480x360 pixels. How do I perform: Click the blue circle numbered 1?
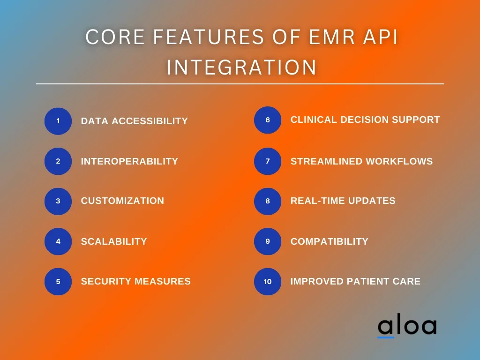coord(58,121)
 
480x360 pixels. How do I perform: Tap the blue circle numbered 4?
coord(58,241)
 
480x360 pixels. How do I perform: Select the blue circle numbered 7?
coord(268,161)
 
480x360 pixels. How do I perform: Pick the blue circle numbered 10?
coord(268,282)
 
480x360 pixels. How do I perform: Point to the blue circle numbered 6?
coord(268,120)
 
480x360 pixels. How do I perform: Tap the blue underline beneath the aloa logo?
coord(386,337)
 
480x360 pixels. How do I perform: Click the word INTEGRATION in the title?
coord(241,67)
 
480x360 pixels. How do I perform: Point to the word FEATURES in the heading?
coord(208,37)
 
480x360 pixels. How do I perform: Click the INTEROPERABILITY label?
coord(129,161)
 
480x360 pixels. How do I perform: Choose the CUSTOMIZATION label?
coord(122,201)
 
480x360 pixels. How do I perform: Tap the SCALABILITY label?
coord(114,241)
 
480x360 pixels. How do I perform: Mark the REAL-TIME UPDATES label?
coord(343,201)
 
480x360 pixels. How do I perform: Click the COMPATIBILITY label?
coord(330,241)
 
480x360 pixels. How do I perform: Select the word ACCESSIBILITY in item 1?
coord(150,121)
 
